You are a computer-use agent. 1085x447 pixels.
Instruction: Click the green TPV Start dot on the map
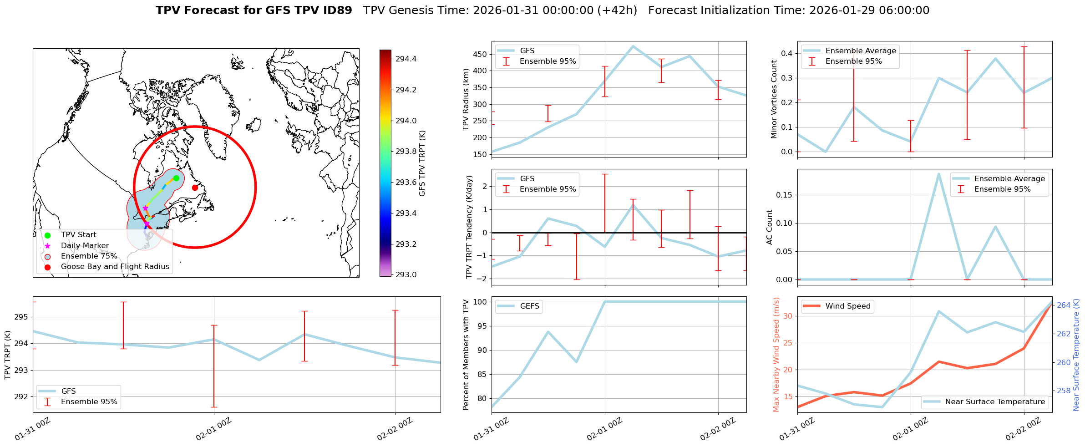click(176, 178)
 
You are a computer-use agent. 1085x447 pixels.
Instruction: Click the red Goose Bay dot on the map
click(195, 188)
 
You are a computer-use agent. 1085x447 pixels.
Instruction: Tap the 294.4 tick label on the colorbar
click(406, 59)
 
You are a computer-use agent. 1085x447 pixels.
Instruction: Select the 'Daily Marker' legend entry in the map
click(85, 245)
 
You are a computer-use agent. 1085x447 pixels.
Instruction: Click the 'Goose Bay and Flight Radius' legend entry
click(115, 267)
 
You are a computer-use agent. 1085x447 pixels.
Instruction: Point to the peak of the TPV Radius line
click(633, 46)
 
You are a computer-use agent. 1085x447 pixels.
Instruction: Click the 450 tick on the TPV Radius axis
click(481, 54)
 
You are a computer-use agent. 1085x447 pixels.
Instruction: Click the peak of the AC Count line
click(938, 173)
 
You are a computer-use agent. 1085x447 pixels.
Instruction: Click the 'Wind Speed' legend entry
click(847, 306)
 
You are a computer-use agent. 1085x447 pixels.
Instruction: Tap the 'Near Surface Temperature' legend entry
click(995, 402)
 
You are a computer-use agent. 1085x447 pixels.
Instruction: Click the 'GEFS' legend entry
click(529, 306)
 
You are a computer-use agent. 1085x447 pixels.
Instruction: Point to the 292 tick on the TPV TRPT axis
click(21, 396)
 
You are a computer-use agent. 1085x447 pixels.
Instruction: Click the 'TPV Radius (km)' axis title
click(466, 99)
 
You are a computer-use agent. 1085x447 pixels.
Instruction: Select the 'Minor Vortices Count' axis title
click(774, 99)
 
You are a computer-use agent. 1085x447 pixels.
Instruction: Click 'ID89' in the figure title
click(337, 10)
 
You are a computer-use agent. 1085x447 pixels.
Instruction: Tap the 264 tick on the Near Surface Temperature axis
click(1064, 305)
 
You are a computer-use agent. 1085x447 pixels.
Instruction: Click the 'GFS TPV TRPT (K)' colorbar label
click(422, 163)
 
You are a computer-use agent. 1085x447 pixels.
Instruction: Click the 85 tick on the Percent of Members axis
click(481, 375)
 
